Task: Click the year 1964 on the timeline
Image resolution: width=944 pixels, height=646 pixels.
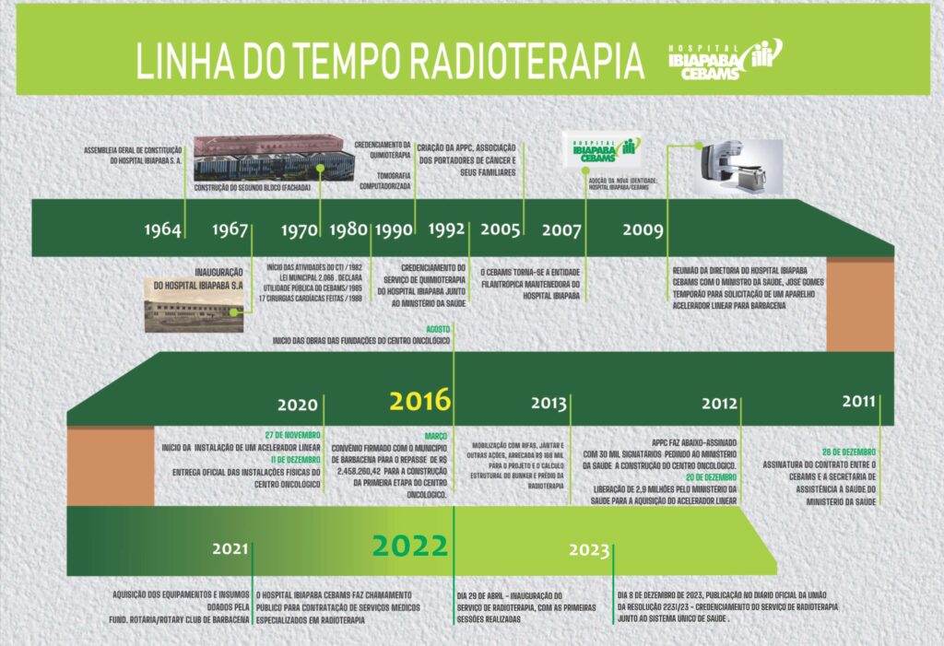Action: point(162,229)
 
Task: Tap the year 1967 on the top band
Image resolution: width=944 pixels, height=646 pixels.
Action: point(230,229)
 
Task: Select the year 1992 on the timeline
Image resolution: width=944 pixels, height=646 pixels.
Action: point(446,229)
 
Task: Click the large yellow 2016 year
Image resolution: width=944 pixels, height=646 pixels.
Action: point(419,401)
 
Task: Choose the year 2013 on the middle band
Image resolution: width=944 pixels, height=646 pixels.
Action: point(549,404)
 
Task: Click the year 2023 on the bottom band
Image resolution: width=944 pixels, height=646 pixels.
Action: point(589,550)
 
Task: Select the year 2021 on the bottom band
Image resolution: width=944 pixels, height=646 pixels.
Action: point(230,548)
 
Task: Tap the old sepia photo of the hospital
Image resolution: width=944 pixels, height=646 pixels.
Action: point(191,303)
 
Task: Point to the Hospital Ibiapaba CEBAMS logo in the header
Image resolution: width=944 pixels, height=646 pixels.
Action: point(724,61)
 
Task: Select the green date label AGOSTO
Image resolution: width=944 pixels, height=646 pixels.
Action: point(438,328)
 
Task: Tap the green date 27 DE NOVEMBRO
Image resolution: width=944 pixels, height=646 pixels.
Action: point(292,434)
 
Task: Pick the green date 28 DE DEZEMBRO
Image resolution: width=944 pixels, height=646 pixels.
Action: point(849,452)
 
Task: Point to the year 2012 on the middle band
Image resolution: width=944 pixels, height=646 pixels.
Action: point(719,404)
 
